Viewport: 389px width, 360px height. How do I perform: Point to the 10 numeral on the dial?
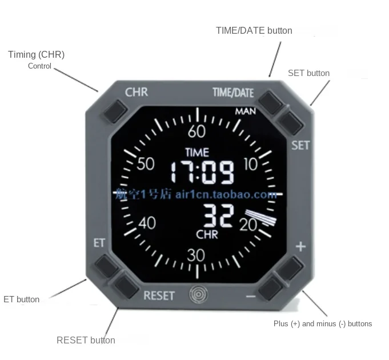251,165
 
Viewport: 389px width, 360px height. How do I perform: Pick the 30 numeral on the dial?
196,255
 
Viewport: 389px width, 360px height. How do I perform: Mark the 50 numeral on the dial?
146,164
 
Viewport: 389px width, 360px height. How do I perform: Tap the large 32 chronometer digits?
219,217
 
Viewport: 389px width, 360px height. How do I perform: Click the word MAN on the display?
245,111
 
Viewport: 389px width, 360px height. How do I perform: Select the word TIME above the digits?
197,152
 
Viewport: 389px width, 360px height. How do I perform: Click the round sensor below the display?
198,294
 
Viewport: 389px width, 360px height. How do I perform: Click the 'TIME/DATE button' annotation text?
254,31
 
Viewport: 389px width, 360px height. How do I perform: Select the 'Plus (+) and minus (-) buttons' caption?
323,323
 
